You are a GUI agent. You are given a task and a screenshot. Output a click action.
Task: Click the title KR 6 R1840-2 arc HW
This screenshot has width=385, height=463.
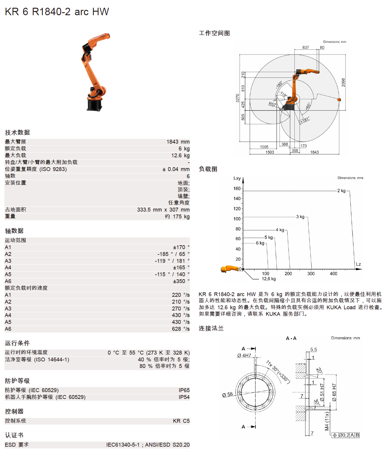(57, 12)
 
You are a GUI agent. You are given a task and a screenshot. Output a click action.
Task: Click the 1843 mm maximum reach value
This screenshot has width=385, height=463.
(178, 142)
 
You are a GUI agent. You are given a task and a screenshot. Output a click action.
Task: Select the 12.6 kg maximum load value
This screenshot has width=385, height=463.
(180, 156)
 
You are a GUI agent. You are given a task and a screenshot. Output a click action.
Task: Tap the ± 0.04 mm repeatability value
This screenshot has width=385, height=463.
(176, 169)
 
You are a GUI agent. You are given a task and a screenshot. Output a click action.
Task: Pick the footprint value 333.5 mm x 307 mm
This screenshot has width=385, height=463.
(163, 210)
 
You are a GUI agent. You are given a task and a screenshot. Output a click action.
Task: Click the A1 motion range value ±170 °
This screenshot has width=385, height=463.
(181, 247)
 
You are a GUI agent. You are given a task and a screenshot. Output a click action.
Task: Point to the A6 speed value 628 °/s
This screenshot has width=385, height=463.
(181, 329)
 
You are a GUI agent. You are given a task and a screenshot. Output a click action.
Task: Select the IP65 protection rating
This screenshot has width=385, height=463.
(184, 390)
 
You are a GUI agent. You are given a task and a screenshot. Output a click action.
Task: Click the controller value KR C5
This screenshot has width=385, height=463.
(181, 421)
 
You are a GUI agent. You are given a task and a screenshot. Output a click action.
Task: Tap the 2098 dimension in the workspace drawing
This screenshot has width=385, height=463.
(343, 83)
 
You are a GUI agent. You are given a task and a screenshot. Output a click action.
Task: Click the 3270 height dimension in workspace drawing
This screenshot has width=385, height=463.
(237, 98)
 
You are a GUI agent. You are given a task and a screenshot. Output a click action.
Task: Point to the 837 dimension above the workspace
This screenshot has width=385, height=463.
(305, 47)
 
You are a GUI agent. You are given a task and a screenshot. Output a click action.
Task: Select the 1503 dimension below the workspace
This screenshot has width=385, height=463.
(270, 152)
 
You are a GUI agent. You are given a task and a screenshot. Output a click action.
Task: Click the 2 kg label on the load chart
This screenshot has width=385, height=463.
(341, 191)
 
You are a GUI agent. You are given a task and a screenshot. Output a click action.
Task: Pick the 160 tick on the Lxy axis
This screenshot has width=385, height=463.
(237, 189)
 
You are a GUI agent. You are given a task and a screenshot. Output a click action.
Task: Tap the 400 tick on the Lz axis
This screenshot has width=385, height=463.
(333, 274)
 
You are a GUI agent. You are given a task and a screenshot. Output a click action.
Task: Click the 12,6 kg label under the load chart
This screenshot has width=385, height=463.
(268, 279)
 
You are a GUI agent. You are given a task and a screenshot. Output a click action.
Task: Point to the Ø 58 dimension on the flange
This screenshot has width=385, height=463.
(227, 394)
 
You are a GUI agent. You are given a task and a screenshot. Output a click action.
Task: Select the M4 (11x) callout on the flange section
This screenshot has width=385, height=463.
(327, 421)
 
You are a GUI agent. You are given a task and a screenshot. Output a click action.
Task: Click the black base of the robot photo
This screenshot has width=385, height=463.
(94, 105)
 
